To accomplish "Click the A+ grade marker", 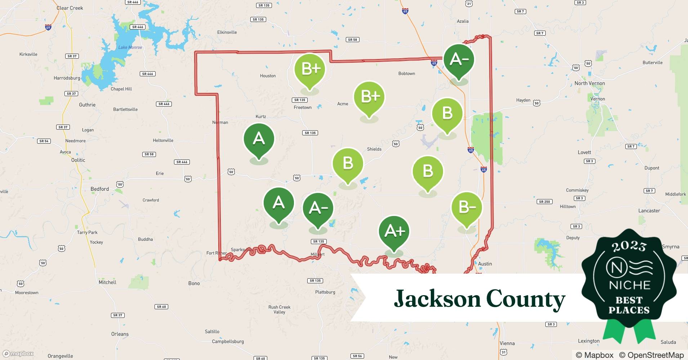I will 394,231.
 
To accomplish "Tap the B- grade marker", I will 466,208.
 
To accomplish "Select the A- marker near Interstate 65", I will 459,60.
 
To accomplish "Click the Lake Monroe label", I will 130,48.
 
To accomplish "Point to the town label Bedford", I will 99,189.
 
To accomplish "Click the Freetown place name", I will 303,108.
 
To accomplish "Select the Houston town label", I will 268,76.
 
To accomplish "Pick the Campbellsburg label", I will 228,341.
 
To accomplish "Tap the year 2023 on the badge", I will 629,247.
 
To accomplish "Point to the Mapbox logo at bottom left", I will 18,354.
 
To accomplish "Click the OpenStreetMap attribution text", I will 651,355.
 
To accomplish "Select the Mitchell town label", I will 107,282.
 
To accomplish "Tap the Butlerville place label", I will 652,63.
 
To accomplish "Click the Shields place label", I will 374,149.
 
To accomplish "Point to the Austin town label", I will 485,264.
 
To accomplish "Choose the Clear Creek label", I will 70,8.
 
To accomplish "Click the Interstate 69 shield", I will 48,27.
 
